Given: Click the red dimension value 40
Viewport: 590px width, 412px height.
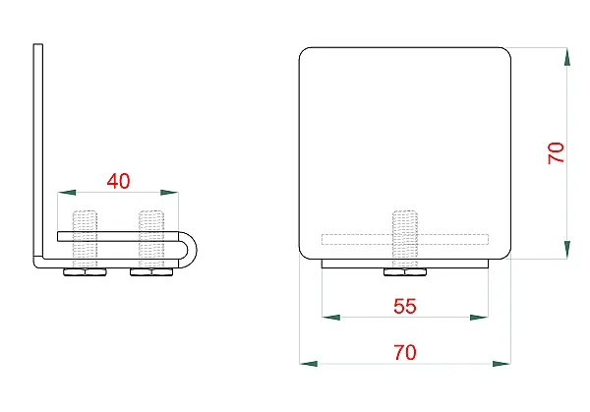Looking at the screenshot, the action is click(118, 181).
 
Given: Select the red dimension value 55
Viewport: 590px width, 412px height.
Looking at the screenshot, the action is click(405, 306).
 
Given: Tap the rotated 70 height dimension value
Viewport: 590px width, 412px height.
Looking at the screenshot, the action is click(557, 152).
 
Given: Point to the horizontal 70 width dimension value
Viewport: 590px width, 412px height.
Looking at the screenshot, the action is click(405, 353).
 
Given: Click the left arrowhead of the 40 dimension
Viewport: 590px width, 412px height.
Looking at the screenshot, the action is click(67, 193).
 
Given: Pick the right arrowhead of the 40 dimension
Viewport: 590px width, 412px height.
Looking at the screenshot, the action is click(169, 193).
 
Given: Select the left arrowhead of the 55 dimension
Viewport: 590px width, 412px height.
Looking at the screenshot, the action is click(331, 318).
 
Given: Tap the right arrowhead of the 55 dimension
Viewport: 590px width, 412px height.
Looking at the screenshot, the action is click(479, 318).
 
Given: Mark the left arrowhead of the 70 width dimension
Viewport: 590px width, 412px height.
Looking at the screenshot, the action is click(309, 364).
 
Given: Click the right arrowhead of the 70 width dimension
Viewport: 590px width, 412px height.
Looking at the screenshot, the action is click(501, 364).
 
